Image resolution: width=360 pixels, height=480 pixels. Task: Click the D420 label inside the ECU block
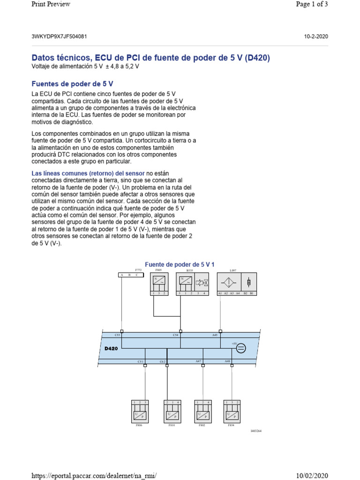(x=111, y=348)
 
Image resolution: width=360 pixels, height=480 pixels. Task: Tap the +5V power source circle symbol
(x=241, y=348)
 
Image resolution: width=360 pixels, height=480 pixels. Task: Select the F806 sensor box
(x=139, y=411)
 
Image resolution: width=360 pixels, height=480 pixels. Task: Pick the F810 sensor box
(x=172, y=411)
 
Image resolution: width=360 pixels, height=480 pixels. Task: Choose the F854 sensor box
(x=232, y=411)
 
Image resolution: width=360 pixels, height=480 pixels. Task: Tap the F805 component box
(x=158, y=284)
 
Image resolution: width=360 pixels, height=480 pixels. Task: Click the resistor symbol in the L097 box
(x=248, y=282)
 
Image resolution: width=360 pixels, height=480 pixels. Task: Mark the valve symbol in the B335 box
(x=202, y=283)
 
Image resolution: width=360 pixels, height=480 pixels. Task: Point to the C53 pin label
(x=118, y=335)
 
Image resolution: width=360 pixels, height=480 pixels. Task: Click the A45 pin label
(x=215, y=335)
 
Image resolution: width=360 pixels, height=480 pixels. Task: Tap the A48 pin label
(x=227, y=361)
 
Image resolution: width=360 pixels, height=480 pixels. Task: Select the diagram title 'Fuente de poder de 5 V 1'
(x=180, y=265)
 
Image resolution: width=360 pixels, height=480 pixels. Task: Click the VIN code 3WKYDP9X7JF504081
(x=59, y=36)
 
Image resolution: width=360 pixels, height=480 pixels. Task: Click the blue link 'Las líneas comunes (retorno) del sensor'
(x=88, y=173)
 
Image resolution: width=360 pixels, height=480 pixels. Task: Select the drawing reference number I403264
(x=255, y=431)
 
